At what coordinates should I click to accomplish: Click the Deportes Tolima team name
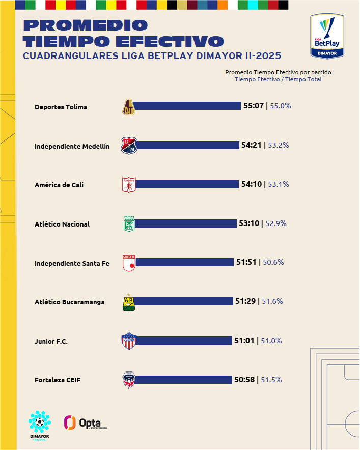(x=61, y=107)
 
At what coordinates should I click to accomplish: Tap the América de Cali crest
(x=129, y=185)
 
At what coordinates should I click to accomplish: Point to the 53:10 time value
(x=248, y=223)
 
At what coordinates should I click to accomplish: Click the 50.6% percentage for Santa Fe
(x=273, y=262)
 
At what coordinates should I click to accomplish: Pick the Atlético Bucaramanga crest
(x=129, y=302)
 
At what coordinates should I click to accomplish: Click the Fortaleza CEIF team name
(x=58, y=380)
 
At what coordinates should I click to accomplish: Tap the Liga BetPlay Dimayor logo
(x=326, y=36)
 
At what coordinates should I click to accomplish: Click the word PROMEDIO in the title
(x=86, y=25)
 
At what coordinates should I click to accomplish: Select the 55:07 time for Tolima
(x=253, y=106)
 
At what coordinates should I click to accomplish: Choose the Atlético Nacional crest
(x=129, y=224)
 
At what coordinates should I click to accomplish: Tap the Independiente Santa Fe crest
(x=129, y=263)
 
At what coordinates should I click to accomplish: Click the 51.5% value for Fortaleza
(x=271, y=380)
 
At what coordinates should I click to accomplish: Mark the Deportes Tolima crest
(x=129, y=106)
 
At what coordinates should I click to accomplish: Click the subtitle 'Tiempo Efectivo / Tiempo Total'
(x=278, y=79)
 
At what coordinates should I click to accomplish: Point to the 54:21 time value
(x=251, y=145)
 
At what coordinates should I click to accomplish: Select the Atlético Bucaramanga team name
(x=70, y=302)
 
